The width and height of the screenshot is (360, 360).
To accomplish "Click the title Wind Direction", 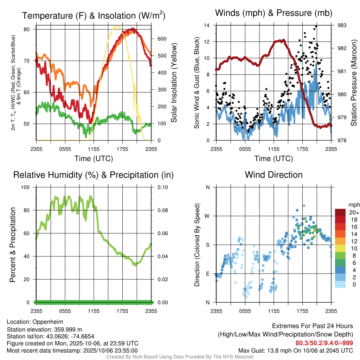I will point(274,175).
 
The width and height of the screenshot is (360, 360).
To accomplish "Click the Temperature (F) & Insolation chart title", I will point(94,16).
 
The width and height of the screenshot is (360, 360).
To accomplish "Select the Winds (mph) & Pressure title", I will point(274,13).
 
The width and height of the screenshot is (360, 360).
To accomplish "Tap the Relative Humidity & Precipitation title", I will point(94,175).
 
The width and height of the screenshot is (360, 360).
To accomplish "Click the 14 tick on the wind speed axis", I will point(207,25).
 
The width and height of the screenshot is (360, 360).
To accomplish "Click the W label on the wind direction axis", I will point(207,216).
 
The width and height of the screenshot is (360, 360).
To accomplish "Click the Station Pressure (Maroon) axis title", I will point(354,83).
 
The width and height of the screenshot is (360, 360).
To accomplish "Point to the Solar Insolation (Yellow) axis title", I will point(174,83).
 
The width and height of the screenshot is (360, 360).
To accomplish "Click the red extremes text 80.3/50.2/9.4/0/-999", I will point(324,343).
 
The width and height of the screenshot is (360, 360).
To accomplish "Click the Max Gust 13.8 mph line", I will point(296,350).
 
